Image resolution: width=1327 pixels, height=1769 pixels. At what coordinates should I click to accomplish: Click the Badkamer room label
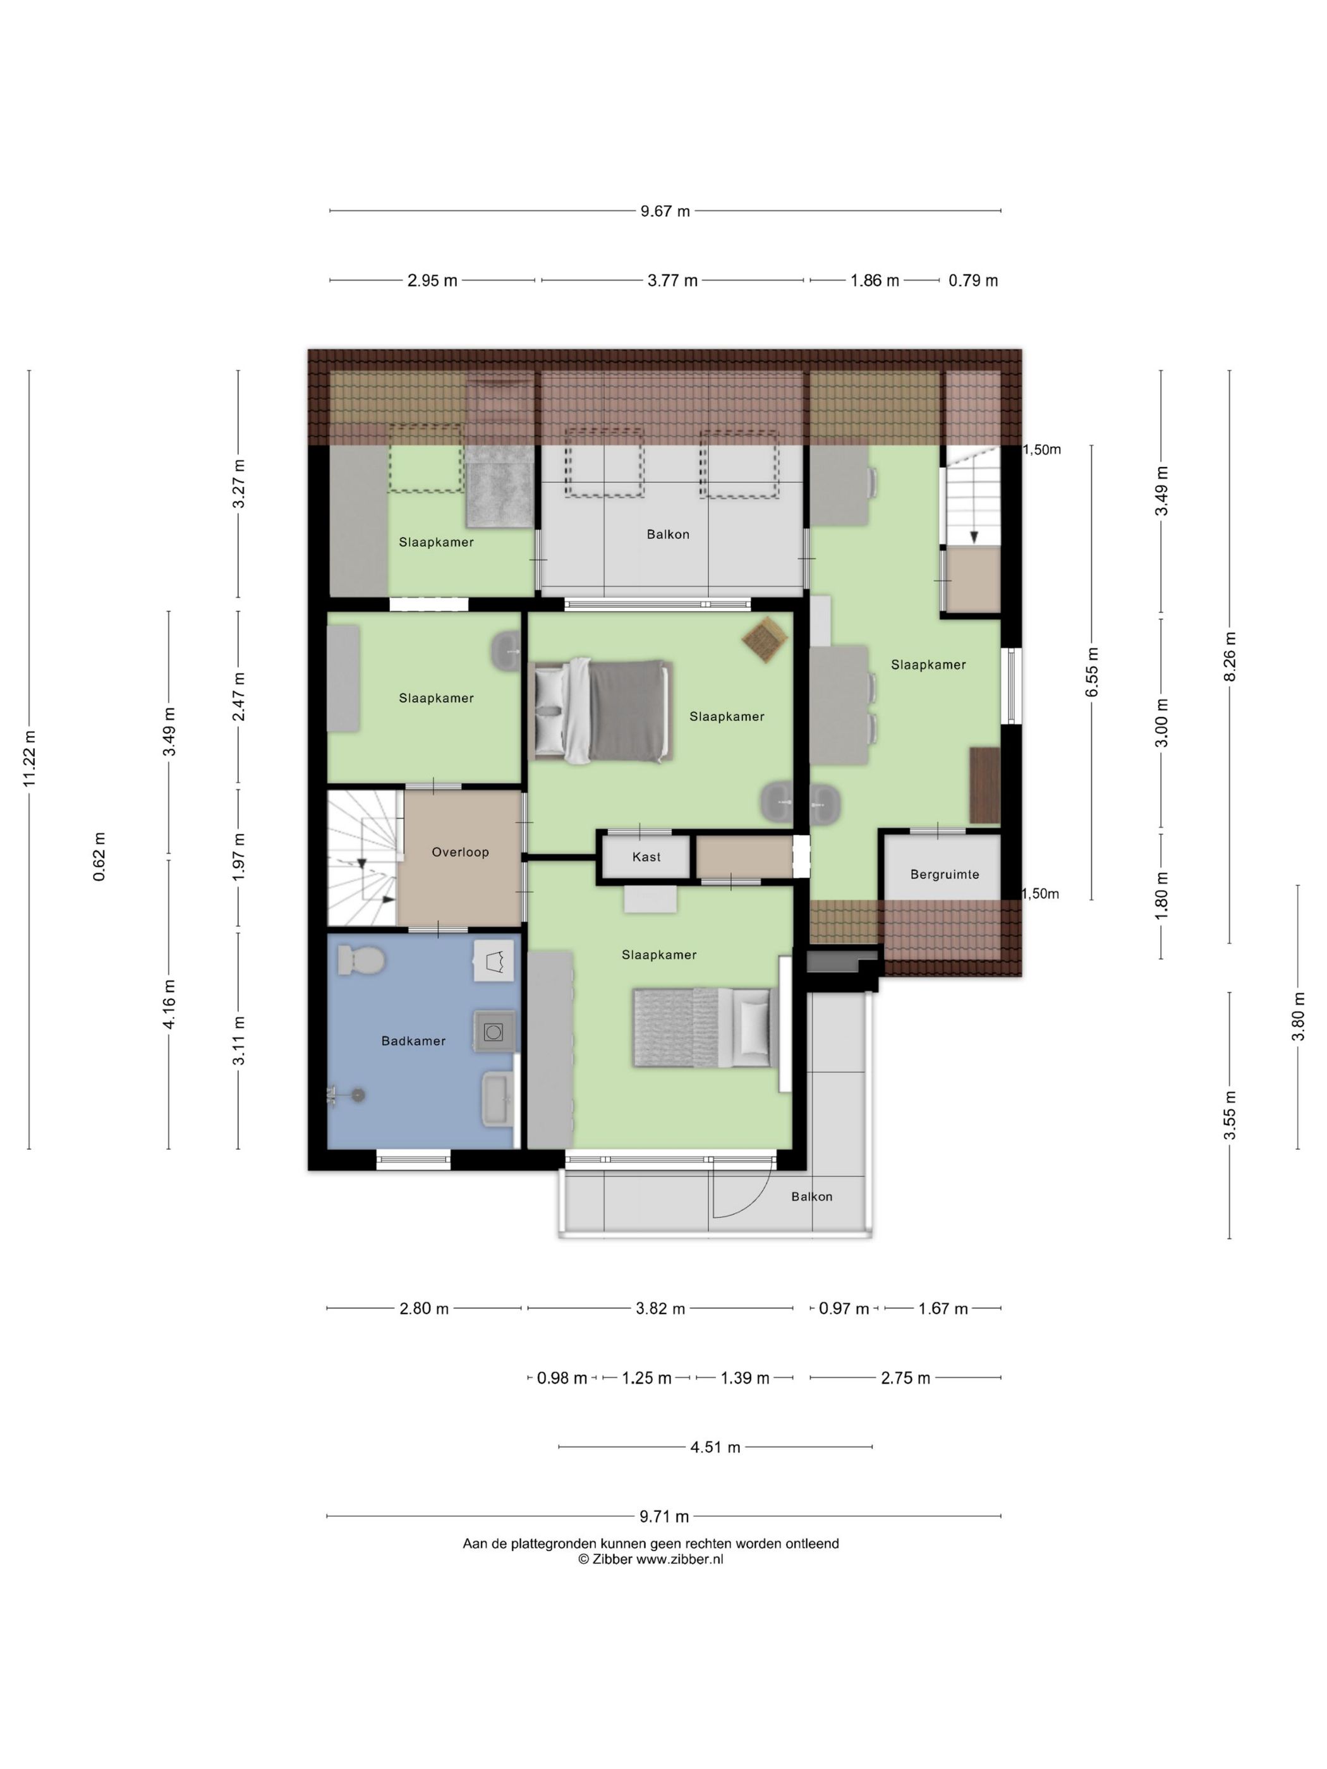click(413, 1041)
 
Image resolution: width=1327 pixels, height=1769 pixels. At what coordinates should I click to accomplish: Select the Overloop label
click(460, 852)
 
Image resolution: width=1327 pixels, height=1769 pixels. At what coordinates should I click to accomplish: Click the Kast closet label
click(646, 857)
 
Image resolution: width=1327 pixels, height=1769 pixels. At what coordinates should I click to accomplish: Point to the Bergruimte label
click(945, 874)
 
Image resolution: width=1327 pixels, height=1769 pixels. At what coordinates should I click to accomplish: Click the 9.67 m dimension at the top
click(665, 211)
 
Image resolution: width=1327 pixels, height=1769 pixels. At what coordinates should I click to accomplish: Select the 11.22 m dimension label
click(30, 758)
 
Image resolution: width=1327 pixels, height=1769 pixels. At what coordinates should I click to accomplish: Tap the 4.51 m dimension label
click(715, 1447)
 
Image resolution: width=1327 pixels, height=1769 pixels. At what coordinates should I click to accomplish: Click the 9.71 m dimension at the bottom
click(664, 1516)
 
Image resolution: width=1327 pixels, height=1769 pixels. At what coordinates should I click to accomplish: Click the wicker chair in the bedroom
click(765, 640)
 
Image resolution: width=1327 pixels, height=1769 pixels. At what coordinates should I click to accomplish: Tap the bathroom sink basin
click(497, 1100)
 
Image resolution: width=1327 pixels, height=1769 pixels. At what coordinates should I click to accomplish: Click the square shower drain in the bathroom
click(493, 1032)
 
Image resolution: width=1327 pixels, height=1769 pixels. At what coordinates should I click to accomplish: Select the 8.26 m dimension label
click(1230, 656)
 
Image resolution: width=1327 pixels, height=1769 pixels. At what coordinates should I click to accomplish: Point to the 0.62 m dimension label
click(99, 857)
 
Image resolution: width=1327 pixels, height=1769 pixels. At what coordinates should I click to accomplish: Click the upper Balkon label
click(668, 534)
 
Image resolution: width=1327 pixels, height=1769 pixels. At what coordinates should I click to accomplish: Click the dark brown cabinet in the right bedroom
click(985, 785)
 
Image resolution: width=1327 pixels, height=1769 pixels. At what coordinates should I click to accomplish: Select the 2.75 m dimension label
click(906, 1378)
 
